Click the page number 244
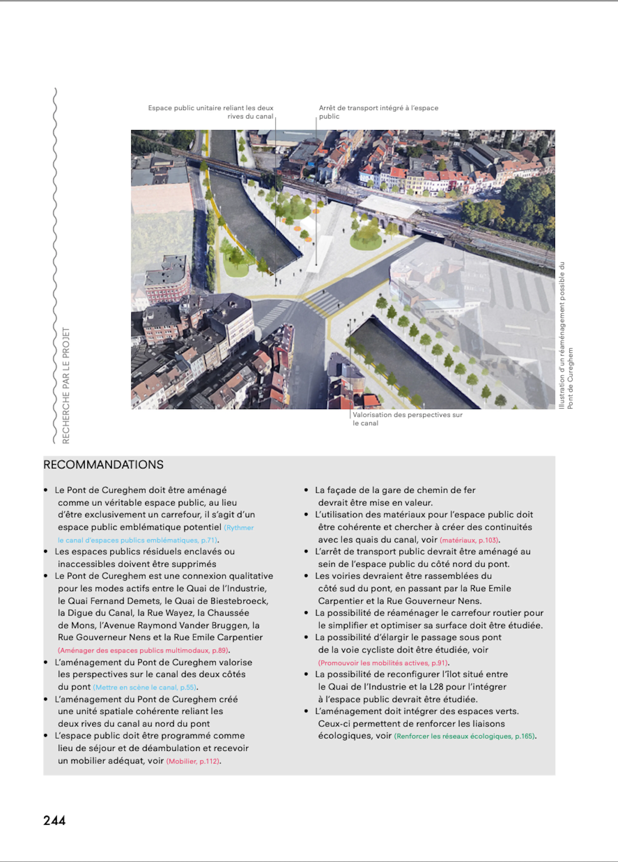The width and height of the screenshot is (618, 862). pyautogui.click(x=54, y=820)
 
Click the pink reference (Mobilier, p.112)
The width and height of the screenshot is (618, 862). pyautogui.click(x=193, y=761)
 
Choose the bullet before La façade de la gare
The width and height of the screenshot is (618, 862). pyautogui.click(x=306, y=490)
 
